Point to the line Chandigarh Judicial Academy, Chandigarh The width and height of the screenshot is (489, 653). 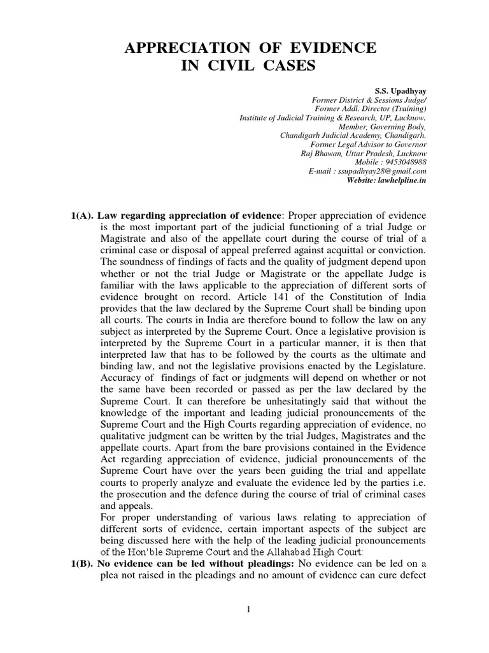(x=353, y=136)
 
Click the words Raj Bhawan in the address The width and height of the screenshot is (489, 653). (x=321, y=154)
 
